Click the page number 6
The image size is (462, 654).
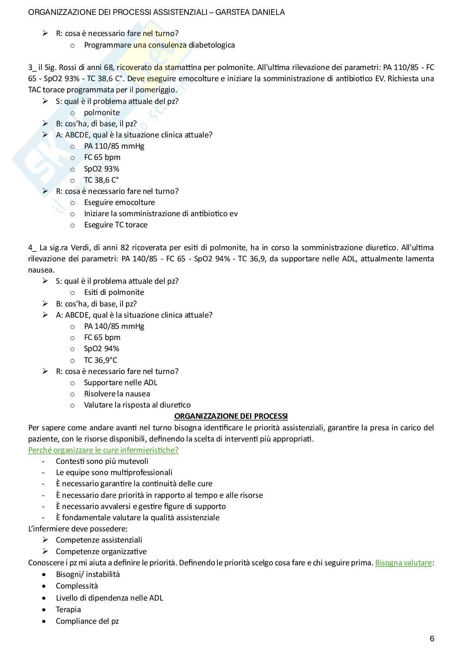pos(432,638)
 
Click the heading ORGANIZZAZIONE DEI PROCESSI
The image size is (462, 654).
pos(231,416)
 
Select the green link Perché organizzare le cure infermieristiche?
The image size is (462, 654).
pos(103,450)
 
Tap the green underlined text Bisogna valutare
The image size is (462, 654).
pos(403,563)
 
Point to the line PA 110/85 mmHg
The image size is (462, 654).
pos(114,146)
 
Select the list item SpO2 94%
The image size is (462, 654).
pos(101,348)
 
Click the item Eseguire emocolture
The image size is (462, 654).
pos(119,202)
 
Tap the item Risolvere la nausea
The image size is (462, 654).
pos(117,393)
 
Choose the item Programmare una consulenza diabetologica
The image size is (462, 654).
pos(159,45)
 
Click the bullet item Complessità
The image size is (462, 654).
pos(77,586)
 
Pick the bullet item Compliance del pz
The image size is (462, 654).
pos(87,621)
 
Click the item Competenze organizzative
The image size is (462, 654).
pos(101,551)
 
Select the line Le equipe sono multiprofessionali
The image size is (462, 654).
pos(114,472)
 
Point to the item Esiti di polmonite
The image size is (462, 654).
pos(114,292)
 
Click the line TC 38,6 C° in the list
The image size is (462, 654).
pos(101,180)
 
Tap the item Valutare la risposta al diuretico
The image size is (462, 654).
pos(137,405)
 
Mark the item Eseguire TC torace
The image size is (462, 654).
pos(115,224)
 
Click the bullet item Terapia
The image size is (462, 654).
pos(68,609)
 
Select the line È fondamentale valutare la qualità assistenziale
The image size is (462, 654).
pos(137,517)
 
